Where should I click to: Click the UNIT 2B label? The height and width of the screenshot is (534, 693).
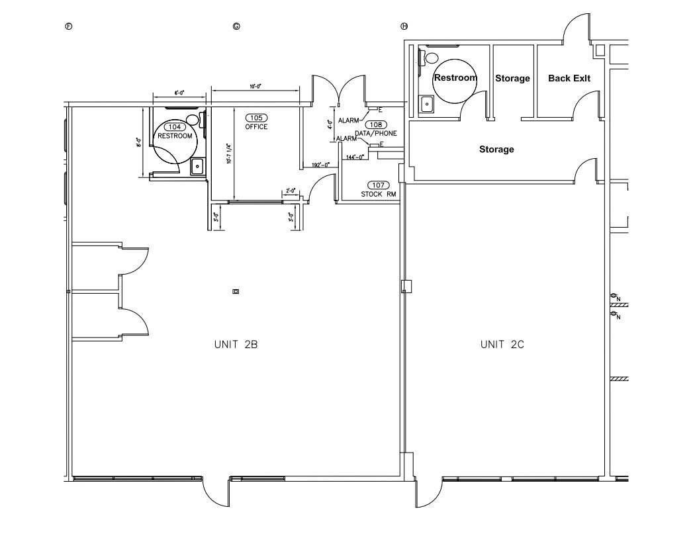pyautogui.click(x=235, y=344)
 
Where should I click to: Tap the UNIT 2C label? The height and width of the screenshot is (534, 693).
pyautogui.click(x=502, y=344)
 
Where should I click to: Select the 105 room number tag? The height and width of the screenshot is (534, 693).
pyautogui.click(x=256, y=118)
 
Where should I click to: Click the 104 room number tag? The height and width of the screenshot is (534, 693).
pyautogui.click(x=175, y=127)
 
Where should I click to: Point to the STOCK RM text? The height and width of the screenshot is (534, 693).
pyautogui.click(x=378, y=194)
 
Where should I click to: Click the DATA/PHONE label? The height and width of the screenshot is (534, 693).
pyautogui.click(x=376, y=133)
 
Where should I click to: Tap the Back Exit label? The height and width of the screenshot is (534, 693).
pyautogui.click(x=569, y=78)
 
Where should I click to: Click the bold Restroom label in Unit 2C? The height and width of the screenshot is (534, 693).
pyautogui.click(x=455, y=77)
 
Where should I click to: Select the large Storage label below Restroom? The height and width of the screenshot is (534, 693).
pyautogui.click(x=496, y=150)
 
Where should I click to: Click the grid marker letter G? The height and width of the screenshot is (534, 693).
pyautogui.click(x=236, y=26)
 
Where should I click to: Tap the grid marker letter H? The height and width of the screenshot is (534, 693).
pyautogui.click(x=404, y=26)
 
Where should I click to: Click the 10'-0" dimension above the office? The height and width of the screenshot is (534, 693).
pyautogui.click(x=255, y=86)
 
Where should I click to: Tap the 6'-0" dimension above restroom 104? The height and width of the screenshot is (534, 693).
pyautogui.click(x=178, y=93)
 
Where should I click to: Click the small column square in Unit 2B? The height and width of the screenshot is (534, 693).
pyautogui.click(x=236, y=291)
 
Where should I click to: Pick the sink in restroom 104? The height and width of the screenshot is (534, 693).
pyautogui.click(x=197, y=167)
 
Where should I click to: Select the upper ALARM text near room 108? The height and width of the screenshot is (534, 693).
pyautogui.click(x=348, y=120)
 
